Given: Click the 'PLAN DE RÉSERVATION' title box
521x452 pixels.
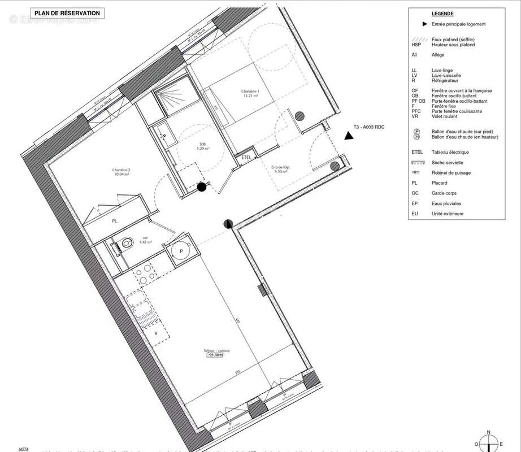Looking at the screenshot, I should click(67, 13).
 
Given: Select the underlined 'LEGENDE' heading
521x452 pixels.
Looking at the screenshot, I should click(442, 14).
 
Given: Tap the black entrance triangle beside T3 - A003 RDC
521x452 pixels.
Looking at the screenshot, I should click(349, 136).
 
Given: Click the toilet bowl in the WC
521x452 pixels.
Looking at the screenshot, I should click(127, 244).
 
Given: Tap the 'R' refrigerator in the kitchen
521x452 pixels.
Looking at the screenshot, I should click(155, 334).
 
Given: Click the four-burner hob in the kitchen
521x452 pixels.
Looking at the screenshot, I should click(145, 274).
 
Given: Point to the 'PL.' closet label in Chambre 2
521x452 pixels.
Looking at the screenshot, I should click(114, 222).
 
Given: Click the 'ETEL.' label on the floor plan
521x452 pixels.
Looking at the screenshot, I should click(246, 157).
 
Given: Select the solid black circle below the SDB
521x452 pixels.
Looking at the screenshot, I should click(201, 188).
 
